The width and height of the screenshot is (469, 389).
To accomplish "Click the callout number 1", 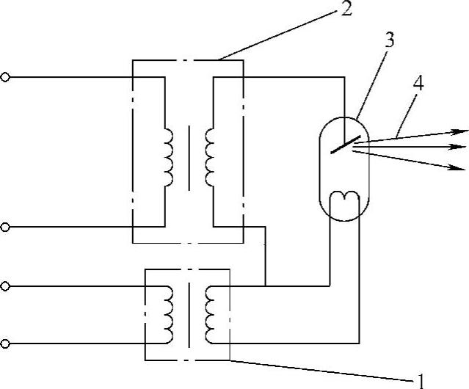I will pyautogui.click(x=421, y=380).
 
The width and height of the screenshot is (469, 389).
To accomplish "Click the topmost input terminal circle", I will pyautogui.click(x=6, y=76).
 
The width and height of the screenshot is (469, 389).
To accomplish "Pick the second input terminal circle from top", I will pyautogui.click(x=6, y=228).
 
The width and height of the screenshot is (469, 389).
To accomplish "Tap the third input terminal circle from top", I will pyautogui.click(x=6, y=284).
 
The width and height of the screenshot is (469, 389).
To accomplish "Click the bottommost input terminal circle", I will pyautogui.click(x=6, y=343).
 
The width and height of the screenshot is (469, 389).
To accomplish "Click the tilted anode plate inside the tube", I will pyautogui.click(x=345, y=143).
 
